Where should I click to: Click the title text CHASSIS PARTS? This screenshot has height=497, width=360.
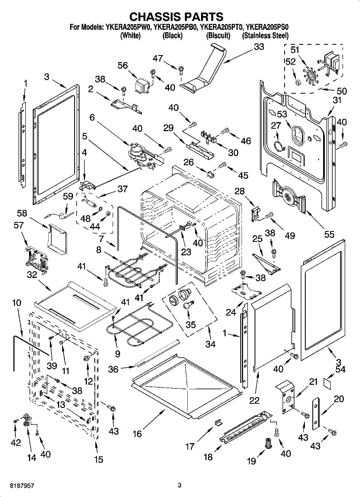(176, 17)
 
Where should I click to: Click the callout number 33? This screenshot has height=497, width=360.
(259, 47)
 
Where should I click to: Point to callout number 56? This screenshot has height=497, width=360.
(123, 65)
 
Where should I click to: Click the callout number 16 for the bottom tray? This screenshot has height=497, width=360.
(137, 434)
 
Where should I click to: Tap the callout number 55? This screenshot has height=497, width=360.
(329, 235)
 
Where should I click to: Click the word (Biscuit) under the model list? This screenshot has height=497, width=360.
(218, 36)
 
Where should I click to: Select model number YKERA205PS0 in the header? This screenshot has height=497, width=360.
(267, 28)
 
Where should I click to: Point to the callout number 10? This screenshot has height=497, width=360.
(16, 303)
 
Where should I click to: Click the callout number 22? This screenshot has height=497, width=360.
(254, 400)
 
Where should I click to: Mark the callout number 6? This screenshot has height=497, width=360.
(92, 118)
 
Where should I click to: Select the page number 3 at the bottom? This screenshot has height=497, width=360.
(179, 485)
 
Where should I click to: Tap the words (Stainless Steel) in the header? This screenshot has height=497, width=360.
(265, 36)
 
